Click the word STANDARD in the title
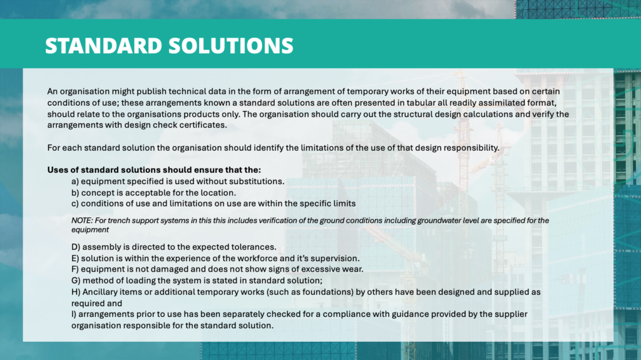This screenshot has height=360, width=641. [x=104, y=46]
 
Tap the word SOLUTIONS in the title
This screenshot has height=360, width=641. [x=231, y=46]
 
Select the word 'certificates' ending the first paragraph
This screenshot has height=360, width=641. [x=203, y=125]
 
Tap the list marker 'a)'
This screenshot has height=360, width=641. [x=75, y=182]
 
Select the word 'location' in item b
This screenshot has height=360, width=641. [x=219, y=193]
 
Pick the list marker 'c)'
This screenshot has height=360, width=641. [x=75, y=203]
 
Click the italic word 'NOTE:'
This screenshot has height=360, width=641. [x=82, y=220]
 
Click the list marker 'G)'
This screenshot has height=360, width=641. [x=76, y=280]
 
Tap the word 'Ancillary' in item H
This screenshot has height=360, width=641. [x=100, y=292]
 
